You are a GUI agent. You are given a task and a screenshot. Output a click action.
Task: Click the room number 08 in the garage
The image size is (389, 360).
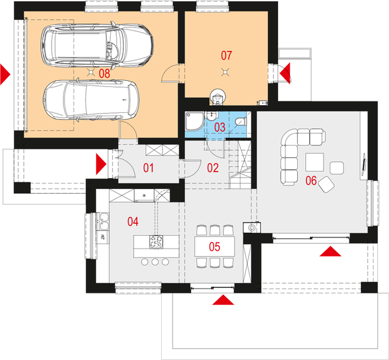point(104,73)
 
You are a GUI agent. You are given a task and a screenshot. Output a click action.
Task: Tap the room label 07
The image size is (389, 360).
point(226,56)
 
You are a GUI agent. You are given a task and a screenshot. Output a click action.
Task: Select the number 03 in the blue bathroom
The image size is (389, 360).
point(220,127)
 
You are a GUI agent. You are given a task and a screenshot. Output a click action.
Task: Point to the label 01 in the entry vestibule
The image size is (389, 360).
point(148,168)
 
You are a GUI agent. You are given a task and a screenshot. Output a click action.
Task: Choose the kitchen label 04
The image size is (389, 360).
point(132,222)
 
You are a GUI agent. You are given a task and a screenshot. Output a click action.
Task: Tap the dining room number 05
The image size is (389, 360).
point(214,245)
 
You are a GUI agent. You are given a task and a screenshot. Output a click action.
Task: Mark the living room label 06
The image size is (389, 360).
point(311,179)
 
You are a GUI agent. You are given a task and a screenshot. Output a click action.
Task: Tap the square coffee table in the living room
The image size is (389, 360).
point(315,163)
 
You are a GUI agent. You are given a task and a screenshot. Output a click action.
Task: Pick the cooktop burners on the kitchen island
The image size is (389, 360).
point(156,242)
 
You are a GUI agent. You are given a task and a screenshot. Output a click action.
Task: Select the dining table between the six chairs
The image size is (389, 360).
point(214,246)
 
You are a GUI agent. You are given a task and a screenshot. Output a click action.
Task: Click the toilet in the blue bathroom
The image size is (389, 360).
point(241,122)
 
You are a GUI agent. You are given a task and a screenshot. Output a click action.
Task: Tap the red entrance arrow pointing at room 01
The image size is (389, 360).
point(101,163)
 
